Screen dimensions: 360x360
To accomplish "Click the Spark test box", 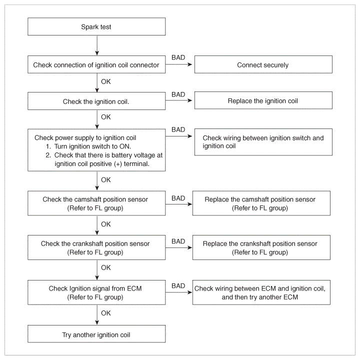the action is tap(96, 26).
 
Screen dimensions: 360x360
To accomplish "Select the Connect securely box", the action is tap(263, 64).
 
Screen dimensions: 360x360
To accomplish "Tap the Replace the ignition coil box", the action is tap(263, 100).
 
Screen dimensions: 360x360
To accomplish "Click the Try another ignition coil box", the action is tap(96, 334).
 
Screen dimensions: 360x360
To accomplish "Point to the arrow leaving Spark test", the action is tap(97, 45).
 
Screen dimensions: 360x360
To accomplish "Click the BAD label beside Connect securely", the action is tap(178, 57).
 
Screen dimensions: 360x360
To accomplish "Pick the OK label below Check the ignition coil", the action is tap(106, 117).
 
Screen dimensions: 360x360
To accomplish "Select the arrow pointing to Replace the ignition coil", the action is tap(178, 100).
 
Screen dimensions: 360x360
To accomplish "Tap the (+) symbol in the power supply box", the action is tap(118, 164).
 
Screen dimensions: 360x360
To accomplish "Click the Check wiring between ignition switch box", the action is tap(263, 142).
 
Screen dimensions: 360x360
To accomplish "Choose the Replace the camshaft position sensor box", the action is tap(261, 203).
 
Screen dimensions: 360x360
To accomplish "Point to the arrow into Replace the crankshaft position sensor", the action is tap(178, 247).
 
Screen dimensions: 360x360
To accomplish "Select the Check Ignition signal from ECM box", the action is tap(96, 292).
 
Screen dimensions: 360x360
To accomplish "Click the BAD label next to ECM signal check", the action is tap(178, 286).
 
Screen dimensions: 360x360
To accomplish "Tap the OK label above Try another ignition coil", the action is tap(106, 313).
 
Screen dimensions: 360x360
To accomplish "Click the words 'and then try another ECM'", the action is tap(260, 297).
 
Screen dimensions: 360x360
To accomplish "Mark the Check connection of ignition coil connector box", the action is tap(96, 64).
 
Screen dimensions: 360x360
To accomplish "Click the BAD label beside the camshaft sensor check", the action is tap(178, 198).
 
